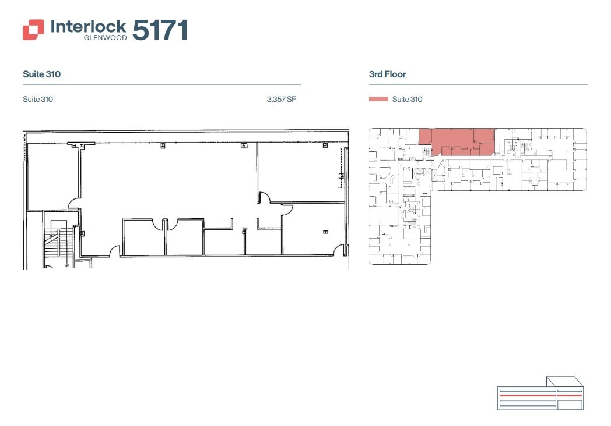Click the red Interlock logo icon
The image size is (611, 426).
coord(33,30)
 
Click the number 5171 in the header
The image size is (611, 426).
coord(160,30)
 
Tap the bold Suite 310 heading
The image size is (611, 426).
coord(42,74)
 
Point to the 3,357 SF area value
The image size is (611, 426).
coord(281,100)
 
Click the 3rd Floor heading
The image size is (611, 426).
coord(387,74)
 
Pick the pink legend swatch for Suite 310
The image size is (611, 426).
coord(378,100)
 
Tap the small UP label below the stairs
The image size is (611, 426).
coord(68,265)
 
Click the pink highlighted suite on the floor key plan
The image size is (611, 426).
coord(457,140)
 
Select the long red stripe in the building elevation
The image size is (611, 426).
coord(527,395)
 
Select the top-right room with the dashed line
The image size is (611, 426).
coord(300,172)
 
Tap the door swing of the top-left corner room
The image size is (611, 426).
coord(75,203)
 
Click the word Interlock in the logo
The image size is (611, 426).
coord(88,26)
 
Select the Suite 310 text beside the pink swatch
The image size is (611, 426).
coord(407,100)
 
